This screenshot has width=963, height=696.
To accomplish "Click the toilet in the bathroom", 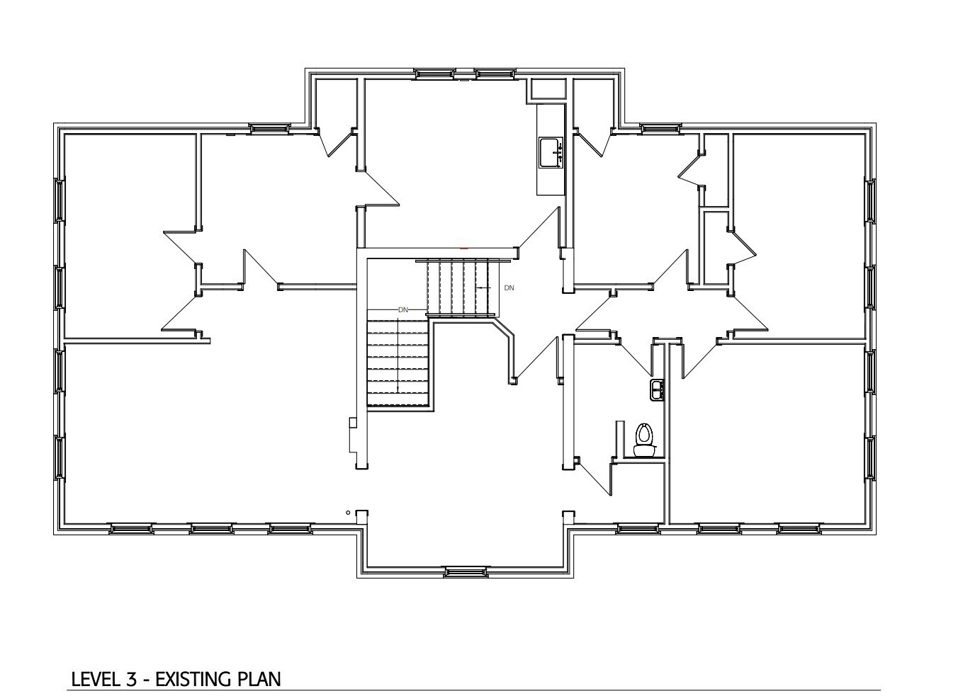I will [643, 439].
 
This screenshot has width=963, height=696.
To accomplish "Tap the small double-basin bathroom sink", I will [657, 388].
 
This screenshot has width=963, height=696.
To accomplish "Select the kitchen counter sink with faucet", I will [550, 152].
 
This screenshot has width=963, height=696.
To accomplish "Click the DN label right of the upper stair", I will [509, 288].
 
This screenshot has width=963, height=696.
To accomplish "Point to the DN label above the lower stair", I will [403, 310].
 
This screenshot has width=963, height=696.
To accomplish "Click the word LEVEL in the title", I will [96, 679].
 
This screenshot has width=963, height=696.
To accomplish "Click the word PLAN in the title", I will [259, 679].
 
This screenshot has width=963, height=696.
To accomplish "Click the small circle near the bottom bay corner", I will [348, 512].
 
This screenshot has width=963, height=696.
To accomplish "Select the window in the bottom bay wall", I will [465, 571].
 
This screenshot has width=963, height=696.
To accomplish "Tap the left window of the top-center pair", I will [434, 73].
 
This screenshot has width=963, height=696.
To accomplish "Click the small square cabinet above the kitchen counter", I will [548, 89].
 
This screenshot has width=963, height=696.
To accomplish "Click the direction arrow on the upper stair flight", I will [482, 287].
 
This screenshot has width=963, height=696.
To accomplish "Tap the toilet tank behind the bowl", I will [643, 450].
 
